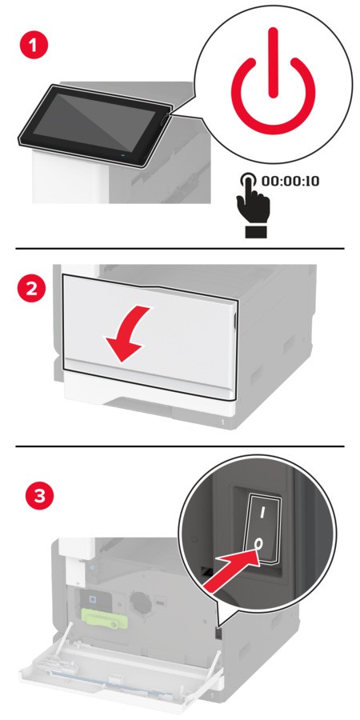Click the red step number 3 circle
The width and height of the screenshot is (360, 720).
point(40,497)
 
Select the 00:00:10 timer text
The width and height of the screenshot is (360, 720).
point(290,181)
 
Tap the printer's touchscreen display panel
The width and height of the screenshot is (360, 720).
point(94,124)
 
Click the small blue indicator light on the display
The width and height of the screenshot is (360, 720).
point(122,156)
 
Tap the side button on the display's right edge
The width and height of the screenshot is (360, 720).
point(164,122)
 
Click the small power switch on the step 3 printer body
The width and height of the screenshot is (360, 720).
point(218,634)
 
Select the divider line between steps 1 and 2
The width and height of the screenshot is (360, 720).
point(180,249)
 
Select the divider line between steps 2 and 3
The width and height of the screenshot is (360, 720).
point(180,446)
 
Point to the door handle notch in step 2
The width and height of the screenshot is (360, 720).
point(235,322)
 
